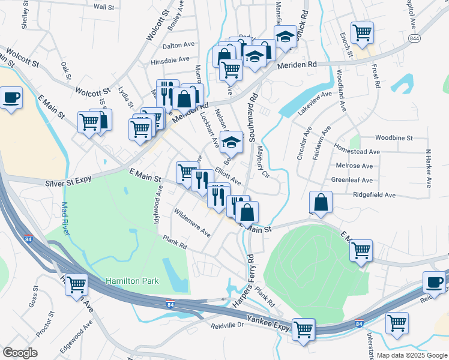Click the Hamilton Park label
(x=130, y=281)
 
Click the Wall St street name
(x=104, y=7)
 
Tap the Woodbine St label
(x=394, y=137)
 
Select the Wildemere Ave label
(x=191, y=222)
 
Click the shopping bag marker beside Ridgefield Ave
(x=321, y=202)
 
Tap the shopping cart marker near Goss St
(x=77, y=284)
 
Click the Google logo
(x=20, y=352)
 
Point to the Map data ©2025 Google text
(x=412, y=355)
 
